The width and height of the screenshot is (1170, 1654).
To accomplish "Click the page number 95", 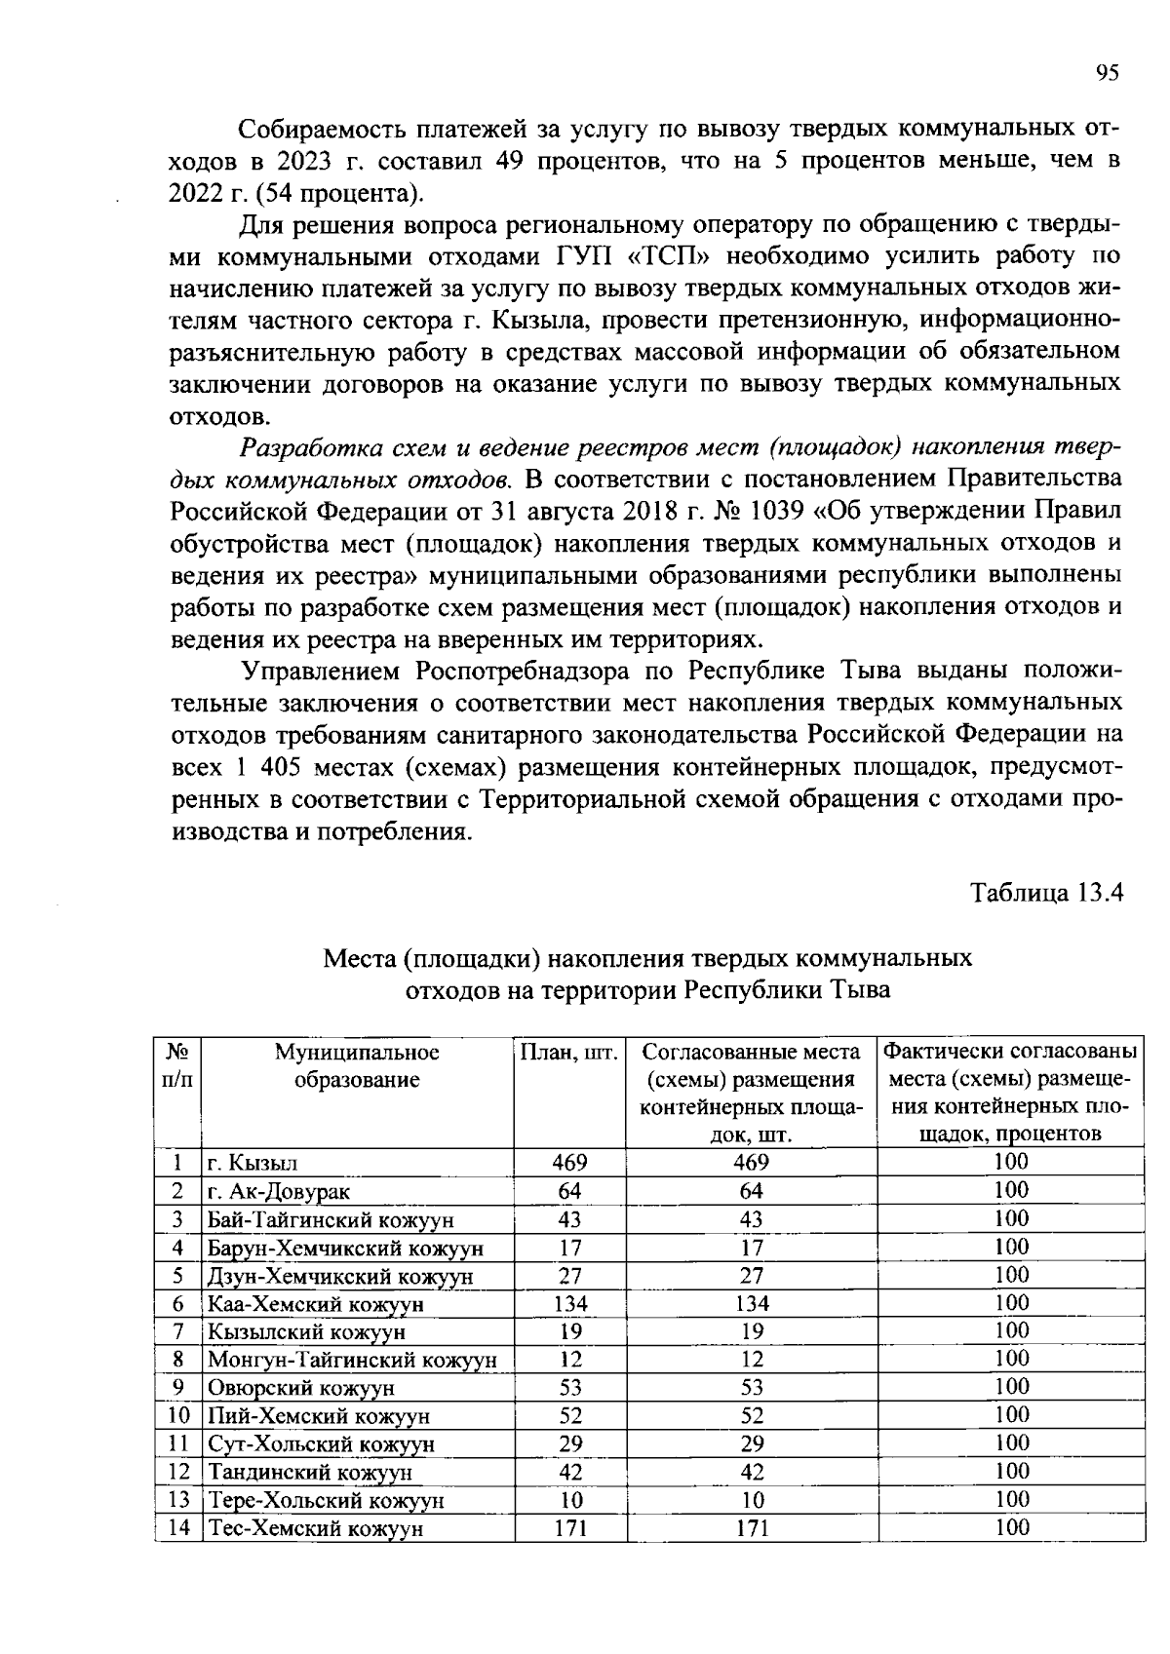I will coord(1107,73).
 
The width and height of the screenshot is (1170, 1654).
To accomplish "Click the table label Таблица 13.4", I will coord(1047,893).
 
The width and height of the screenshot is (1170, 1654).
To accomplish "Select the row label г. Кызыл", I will coord(252,1164).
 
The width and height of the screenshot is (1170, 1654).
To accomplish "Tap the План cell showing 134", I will coord(569,1304).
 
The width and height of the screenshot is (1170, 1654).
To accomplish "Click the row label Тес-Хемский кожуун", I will coord(315,1528).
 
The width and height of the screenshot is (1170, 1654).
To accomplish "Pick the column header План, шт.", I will coord(569,1053).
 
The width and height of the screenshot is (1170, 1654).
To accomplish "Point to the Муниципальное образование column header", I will coord(357,1066).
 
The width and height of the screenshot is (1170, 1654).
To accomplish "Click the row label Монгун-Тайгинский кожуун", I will coord(351,1360).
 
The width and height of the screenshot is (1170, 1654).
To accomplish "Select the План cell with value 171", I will coord(569,1528).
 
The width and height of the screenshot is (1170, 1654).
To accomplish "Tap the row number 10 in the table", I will coord(177,1416).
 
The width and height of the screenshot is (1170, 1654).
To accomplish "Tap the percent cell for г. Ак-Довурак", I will coord(1011,1190).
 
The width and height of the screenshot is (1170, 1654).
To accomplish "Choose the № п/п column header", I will coord(177,1066).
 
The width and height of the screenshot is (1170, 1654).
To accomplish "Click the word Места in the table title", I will coord(358,958).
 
